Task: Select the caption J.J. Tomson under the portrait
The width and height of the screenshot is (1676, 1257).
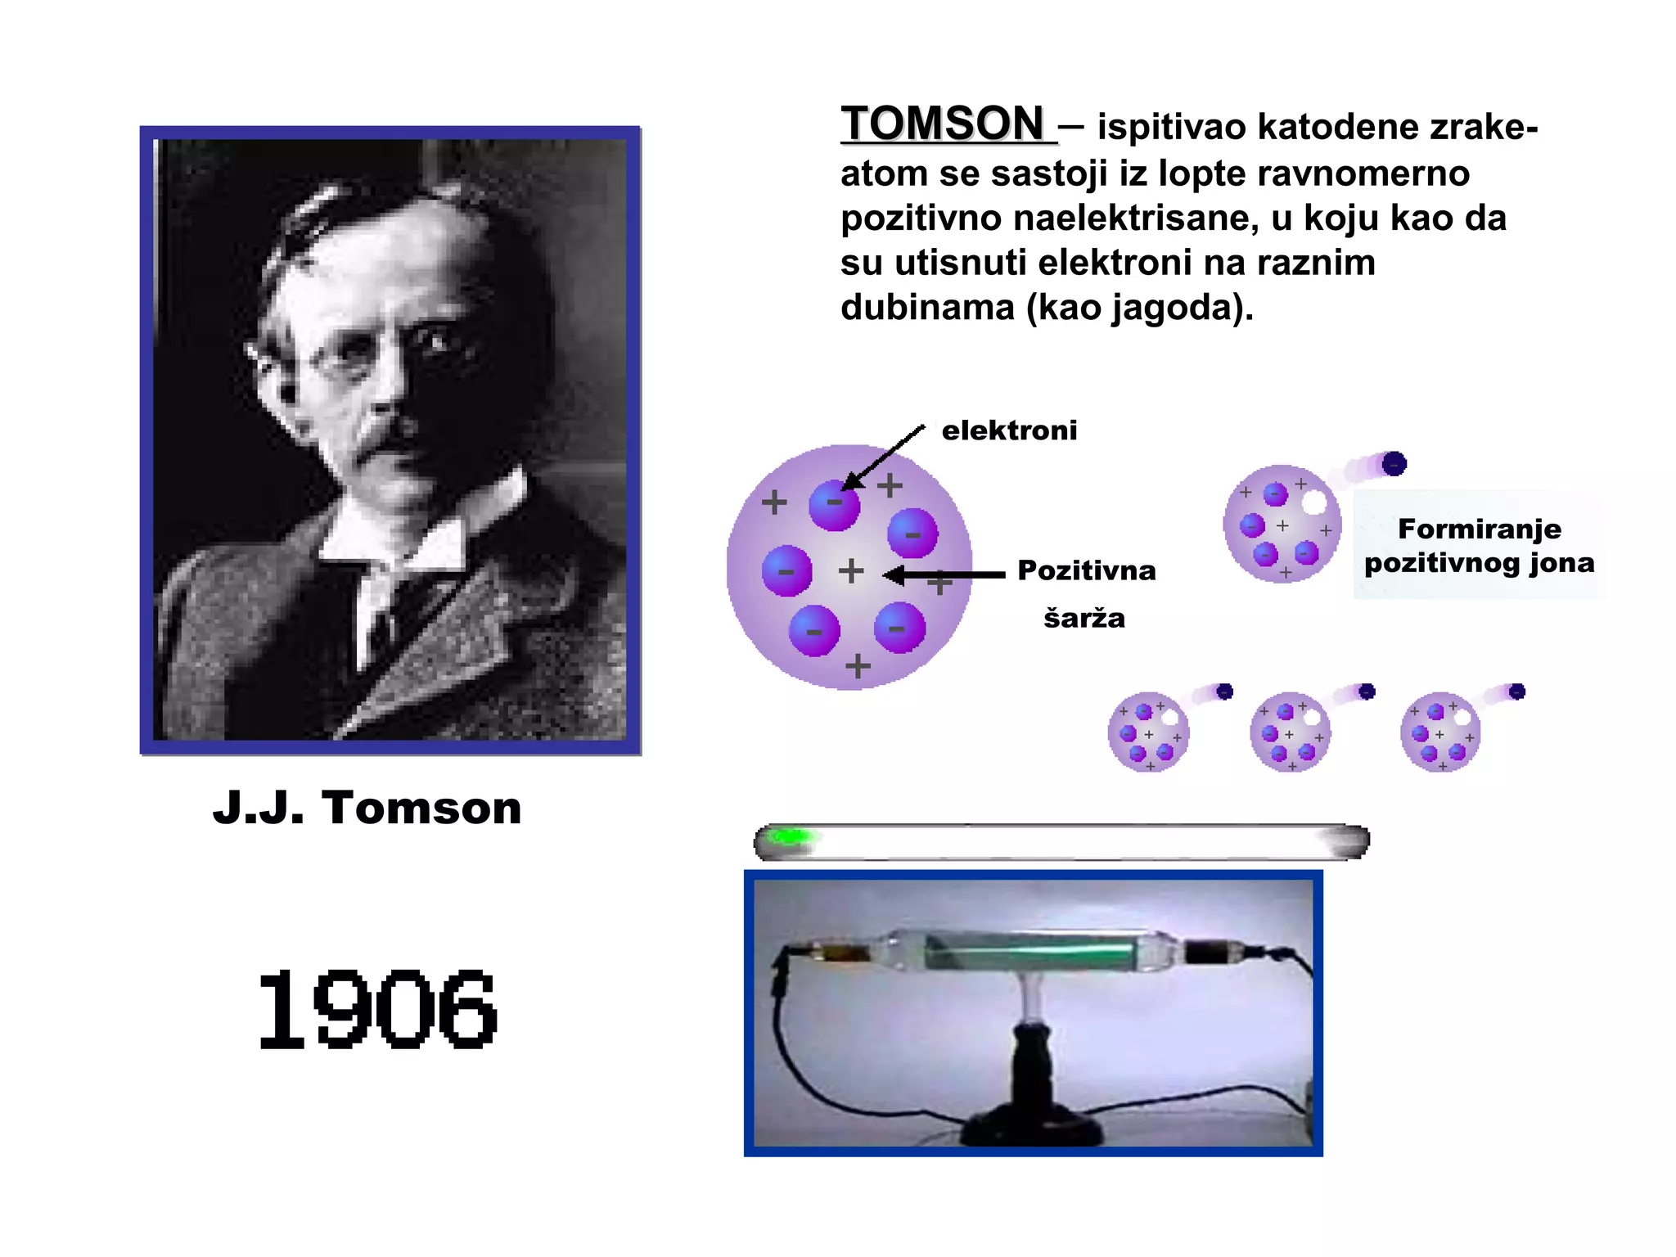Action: [x=367, y=808]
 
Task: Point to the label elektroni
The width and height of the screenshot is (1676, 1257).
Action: [x=1009, y=430]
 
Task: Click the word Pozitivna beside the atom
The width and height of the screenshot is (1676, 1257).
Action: [x=1086, y=570]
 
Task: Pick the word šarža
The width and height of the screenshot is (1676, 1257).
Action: [x=1084, y=618]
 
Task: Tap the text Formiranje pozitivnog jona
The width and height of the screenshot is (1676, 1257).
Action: [x=1479, y=546]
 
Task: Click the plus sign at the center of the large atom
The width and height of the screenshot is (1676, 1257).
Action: [x=851, y=570]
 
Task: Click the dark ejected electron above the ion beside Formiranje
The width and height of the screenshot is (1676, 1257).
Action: [x=1394, y=464]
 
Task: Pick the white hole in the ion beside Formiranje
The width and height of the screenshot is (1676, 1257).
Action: [x=1314, y=502]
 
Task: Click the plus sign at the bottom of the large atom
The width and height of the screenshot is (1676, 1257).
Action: [x=858, y=666]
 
